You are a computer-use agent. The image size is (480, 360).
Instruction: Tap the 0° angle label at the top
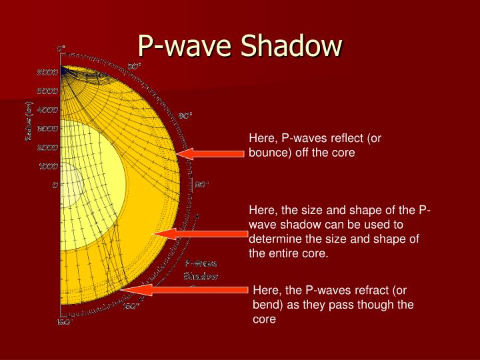[61, 49]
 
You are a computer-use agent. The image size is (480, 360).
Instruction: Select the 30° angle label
[134, 67]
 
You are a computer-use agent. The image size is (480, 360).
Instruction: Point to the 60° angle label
[185, 115]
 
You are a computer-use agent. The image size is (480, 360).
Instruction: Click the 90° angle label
[202, 185]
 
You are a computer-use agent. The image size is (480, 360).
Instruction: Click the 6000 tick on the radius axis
[47, 72]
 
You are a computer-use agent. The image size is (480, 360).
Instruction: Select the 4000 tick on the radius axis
[47, 109]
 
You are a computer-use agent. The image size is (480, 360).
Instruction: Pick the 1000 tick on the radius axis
[47, 166]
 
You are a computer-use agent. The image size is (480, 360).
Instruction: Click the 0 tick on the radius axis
[55, 185]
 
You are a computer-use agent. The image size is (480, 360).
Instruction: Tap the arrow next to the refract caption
[187, 289]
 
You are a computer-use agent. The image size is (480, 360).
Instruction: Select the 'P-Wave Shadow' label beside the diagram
[201, 270]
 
